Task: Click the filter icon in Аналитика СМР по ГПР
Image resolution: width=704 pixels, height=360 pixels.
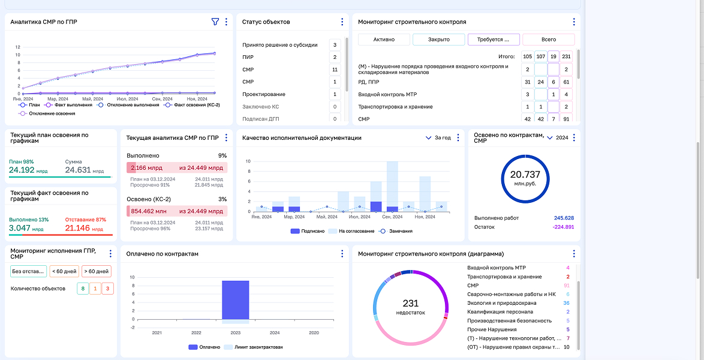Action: pyautogui.click(x=215, y=22)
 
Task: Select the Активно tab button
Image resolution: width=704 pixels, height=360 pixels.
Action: pyautogui.click(x=384, y=40)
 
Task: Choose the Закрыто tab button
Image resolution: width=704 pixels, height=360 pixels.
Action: pyautogui.click(x=439, y=40)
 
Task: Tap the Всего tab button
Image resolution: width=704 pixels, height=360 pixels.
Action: pyautogui.click(x=548, y=40)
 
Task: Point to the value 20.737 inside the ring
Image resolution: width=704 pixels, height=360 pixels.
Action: pyautogui.click(x=525, y=175)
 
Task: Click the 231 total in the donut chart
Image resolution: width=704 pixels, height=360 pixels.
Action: pyautogui.click(x=410, y=304)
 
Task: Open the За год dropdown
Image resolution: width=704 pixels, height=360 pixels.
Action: pyautogui.click(x=438, y=138)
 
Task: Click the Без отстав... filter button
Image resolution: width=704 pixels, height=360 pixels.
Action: pyautogui.click(x=28, y=271)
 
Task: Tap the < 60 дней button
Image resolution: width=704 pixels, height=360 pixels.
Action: pyautogui.click(x=64, y=271)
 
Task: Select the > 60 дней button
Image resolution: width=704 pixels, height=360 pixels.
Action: pyautogui.click(x=96, y=271)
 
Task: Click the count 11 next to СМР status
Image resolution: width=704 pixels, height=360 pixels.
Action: pyautogui.click(x=335, y=70)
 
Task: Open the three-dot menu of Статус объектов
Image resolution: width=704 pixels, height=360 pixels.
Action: pyautogui.click(x=342, y=22)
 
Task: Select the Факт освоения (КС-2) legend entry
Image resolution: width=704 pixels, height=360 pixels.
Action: pyautogui.click(x=193, y=105)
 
